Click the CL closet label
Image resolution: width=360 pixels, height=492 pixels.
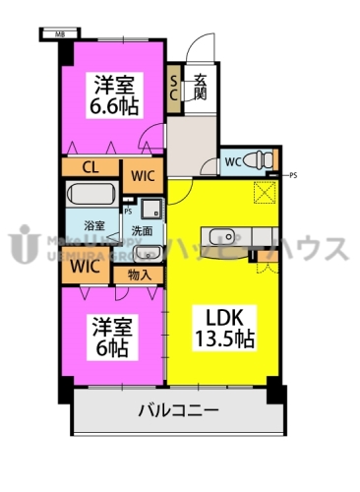89,168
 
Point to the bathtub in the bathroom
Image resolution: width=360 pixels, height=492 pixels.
93,196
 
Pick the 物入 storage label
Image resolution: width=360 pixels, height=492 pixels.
139,274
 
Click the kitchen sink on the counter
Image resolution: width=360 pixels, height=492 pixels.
219,235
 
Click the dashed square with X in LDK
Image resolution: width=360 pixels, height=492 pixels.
265,193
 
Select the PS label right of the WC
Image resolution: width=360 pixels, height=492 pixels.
293,175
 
